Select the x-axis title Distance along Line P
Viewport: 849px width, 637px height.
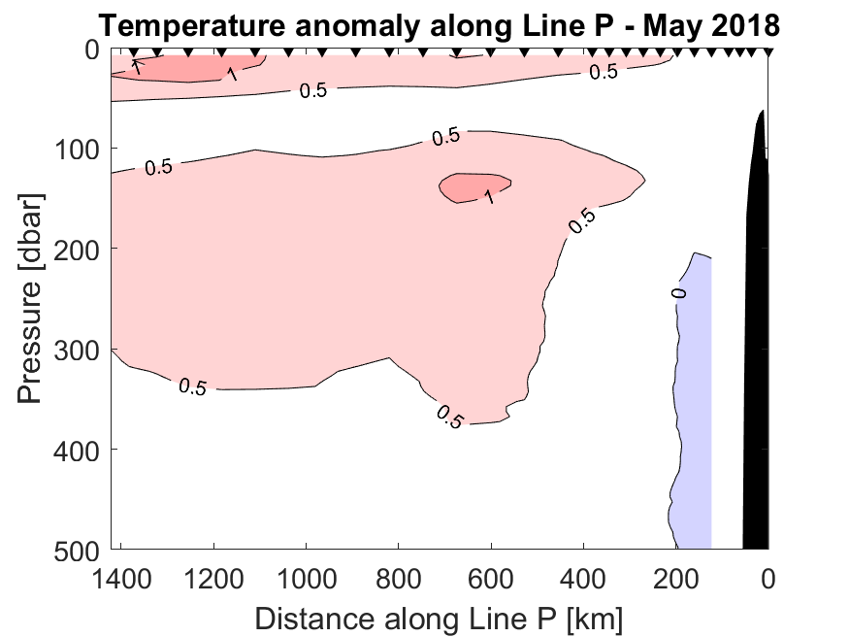[x=439, y=615]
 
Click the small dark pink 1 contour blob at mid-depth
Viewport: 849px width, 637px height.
[x=473, y=185]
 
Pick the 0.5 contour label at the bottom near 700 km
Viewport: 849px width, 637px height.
[x=450, y=417]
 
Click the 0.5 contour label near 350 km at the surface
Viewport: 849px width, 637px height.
[x=604, y=72]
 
